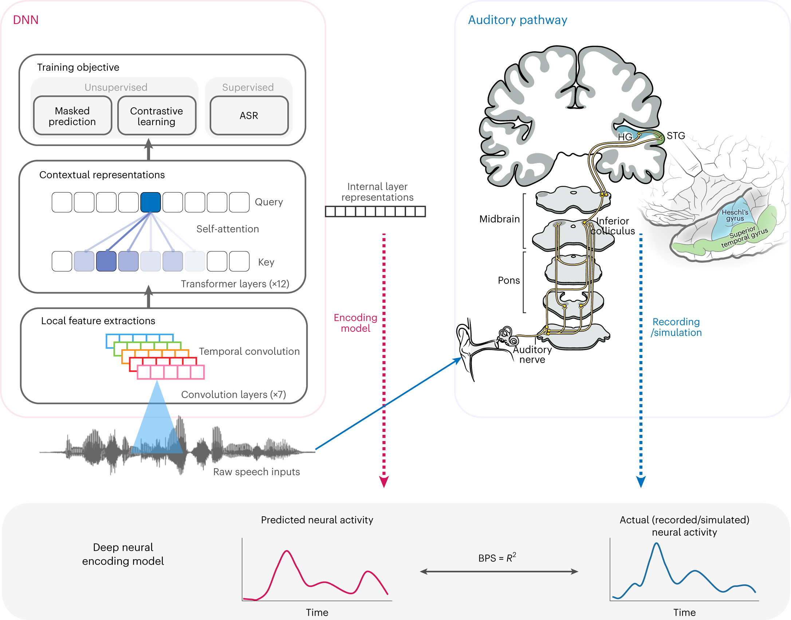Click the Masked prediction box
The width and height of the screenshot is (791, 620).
pyautogui.click(x=72, y=116)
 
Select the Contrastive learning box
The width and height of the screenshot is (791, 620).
pyautogui.click(x=157, y=116)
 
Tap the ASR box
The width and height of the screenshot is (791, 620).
pyautogui.click(x=249, y=116)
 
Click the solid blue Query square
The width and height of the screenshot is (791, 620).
pyautogui.click(x=150, y=202)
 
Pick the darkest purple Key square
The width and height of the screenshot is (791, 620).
pyautogui.click(x=106, y=261)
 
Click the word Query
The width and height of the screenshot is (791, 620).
pyautogui.click(x=269, y=202)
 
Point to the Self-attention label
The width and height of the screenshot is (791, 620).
pyautogui.click(x=228, y=229)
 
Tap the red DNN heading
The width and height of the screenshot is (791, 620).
pyautogui.click(x=25, y=20)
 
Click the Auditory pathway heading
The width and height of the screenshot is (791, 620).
pyautogui.click(x=518, y=20)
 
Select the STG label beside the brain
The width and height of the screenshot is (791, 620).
pyautogui.click(x=676, y=136)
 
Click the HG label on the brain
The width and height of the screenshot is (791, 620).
pyautogui.click(x=625, y=137)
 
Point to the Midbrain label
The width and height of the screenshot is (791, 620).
pyautogui.click(x=499, y=219)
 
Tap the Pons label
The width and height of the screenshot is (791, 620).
pyautogui.click(x=509, y=280)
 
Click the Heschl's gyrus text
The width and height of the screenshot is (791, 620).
pyautogui.click(x=735, y=215)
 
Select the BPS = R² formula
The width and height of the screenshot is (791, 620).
pyautogui.click(x=497, y=557)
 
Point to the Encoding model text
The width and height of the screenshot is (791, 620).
pyautogui.click(x=355, y=323)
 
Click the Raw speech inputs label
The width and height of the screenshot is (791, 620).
pyautogui.click(x=256, y=472)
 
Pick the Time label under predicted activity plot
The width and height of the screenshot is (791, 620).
pyautogui.click(x=317, y=613)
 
